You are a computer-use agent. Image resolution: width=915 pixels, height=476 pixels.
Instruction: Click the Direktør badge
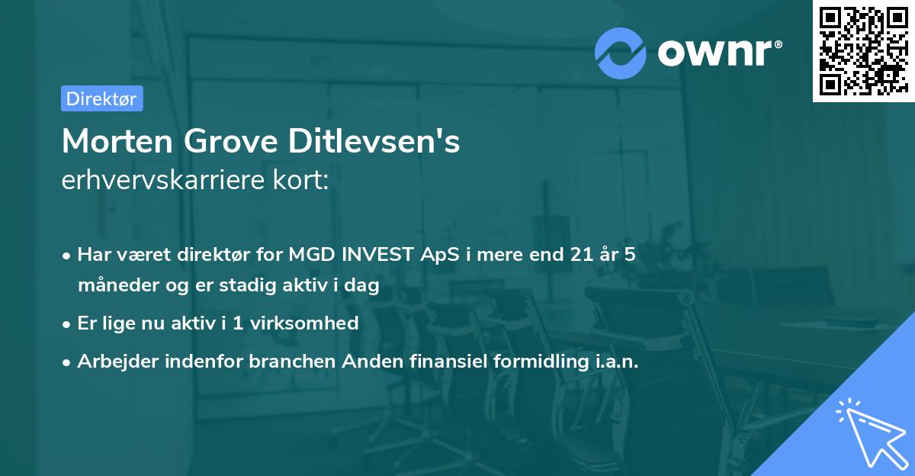[x=101, y=98]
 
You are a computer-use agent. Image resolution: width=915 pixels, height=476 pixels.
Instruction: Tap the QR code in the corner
[x=862, y=50]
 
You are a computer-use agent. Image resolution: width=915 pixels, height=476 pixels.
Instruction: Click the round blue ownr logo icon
[x=620, y=53]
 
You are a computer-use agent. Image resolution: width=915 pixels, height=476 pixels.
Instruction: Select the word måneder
[x=110, y=285]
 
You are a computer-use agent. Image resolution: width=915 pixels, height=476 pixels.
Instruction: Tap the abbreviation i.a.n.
[x=616, y=362]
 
